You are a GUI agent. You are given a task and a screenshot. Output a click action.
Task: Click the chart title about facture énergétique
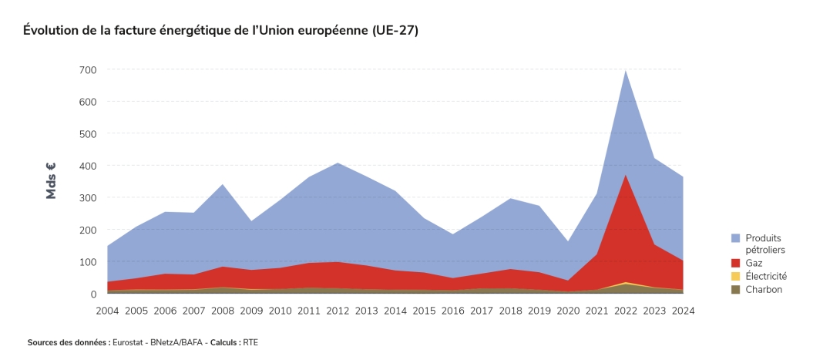point(220,30)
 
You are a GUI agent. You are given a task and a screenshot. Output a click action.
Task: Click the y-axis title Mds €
point(52,181)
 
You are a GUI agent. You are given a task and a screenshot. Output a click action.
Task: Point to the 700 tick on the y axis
point(87,70)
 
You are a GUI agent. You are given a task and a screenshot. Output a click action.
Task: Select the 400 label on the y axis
point(87,166)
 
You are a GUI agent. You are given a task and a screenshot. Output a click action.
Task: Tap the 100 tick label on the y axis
point(87,262)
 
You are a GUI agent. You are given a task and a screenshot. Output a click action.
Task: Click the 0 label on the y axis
point(93,294)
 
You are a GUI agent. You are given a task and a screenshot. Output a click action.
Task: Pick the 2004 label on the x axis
point(108,311)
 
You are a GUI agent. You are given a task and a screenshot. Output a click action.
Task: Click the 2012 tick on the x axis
point(338,311)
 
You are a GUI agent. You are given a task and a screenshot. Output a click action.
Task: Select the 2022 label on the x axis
point(625,311)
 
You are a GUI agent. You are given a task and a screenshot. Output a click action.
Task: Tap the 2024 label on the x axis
point(683,311)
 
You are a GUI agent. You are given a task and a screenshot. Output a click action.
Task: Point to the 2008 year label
point(223,311)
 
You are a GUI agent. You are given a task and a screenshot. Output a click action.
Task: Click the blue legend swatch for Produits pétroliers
point(735,238)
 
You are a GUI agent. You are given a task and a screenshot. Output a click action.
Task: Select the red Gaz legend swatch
point(735,263)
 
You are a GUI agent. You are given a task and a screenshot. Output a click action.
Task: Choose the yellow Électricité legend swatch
point(735,276)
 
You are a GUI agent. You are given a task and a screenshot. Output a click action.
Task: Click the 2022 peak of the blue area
point(625,72)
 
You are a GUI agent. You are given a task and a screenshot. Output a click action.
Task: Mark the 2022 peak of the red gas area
point(625,177)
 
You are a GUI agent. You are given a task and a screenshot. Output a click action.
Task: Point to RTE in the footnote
point(250,341)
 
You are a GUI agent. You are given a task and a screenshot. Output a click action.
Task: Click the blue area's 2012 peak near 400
point(338,164)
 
